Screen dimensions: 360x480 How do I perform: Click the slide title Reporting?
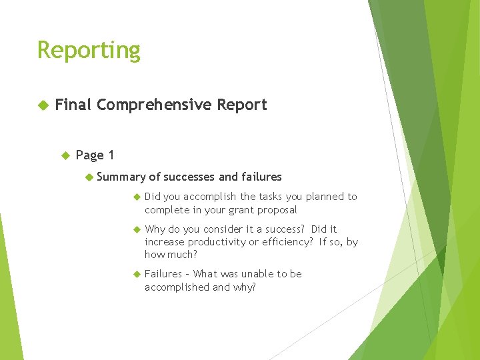point(89,51)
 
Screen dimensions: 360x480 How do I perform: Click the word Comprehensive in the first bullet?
point(153,105)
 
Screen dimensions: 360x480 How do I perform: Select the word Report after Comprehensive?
point(241,105)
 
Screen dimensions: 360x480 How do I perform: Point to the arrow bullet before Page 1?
point(65,155)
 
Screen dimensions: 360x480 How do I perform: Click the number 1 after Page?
point(111,155)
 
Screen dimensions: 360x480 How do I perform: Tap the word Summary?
point(121,177)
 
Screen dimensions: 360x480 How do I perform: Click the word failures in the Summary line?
point(261,177)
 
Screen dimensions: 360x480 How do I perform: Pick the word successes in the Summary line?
point(189,177)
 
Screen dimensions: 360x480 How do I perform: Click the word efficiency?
point(287,242)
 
